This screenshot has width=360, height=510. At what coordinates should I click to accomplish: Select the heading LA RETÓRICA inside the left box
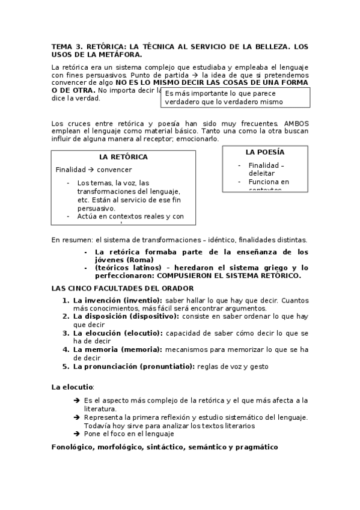(x=123, y=157)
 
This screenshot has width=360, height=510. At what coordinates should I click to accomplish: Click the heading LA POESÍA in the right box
(x=265, y=152)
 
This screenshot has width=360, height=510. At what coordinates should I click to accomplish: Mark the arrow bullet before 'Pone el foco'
(x=76, y=433)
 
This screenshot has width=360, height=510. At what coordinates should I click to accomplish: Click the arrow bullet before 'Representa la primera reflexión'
(x=76, y=417)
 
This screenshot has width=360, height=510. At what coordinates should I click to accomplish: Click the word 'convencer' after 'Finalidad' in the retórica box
(x=114, y=170)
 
